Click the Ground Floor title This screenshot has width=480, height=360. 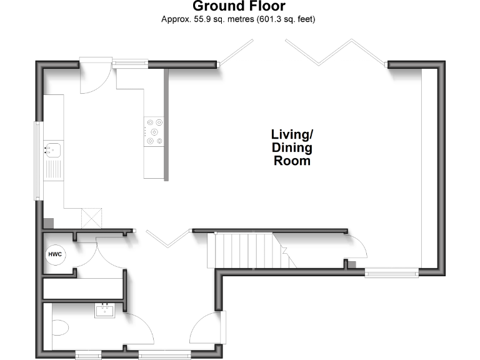239,7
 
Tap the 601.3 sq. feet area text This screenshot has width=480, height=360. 285,19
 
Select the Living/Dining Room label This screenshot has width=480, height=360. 291,147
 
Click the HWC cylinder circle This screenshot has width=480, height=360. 54,255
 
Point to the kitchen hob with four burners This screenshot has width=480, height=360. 154,131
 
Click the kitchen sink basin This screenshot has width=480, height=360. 52,149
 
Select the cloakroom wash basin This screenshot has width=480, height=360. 105,309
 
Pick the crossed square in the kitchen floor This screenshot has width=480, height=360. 92,218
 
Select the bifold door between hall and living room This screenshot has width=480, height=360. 167,237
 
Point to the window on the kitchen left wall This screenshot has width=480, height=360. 37,161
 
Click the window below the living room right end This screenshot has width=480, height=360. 391,272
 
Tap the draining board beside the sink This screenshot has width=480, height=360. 52,171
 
